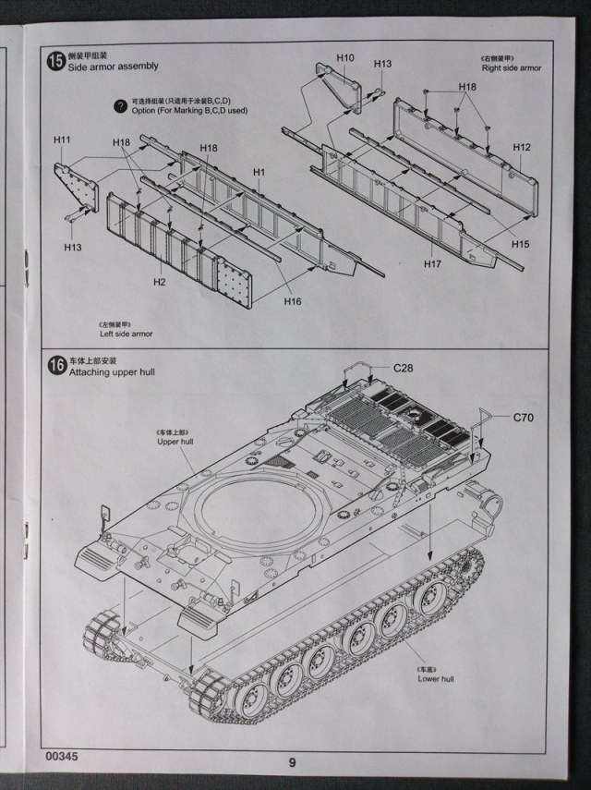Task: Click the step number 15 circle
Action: tap(56, 61)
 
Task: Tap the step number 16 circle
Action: tap(56, 365)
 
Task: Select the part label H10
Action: tap(344, 57)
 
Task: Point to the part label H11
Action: tap(62, 140)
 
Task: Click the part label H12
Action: tap(522, 147)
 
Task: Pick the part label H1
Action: tap(259, 172)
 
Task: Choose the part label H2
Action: tap(159, 281)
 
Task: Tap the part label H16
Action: tap(293, 301)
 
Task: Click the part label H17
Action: tap(433, 263)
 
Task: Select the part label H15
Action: tap(521, 244)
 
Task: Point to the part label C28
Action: tap(404, 368)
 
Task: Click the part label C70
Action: tap(525, 417)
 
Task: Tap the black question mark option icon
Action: tap(119, 106)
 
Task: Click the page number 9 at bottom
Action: tap(292, 762)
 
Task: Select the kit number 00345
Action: tap(63, 756)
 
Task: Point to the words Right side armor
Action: tap(511, 68)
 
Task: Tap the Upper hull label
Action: tap(175, 442)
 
